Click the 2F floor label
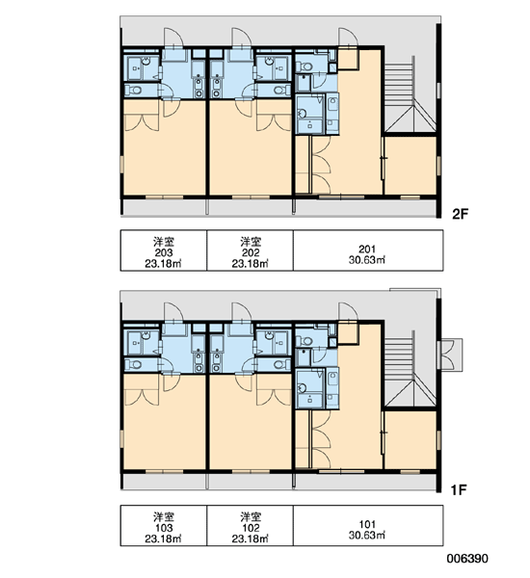(x=460, y=214)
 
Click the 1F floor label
(x=460, y=490)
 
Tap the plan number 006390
(x=467, y=559)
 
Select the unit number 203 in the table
(x=164, y=252)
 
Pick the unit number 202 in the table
(x=251, y=252)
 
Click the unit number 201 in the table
(x=367, y=250)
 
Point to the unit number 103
(x=164, y=528)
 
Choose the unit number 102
(x=251, y=528)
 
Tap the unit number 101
(x=367, y=524)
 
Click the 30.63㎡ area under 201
(x=367, y=260)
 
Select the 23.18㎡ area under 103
(x=163, y=539)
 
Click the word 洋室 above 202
(x=251, y=242)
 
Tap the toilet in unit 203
(x=134, y=90)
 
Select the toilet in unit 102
(x=282, y=364)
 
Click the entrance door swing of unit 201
(x=349, y=37)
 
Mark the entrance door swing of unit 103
(x=173, y=312)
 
